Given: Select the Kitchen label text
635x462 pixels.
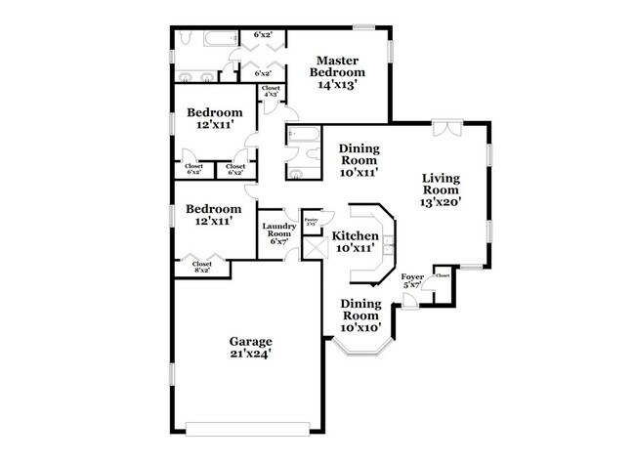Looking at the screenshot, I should tap(356, 236).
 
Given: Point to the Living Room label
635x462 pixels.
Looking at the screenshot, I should tap(441, 189).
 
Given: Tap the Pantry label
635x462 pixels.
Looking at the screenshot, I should tap(312, 222).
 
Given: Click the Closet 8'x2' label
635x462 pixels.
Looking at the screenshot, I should tap(202, 267).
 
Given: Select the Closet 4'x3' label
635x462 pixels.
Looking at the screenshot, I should tap(271, 92).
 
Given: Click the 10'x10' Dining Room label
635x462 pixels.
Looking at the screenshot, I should tap(360, 315).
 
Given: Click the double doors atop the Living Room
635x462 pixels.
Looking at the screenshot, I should tap(445, 129).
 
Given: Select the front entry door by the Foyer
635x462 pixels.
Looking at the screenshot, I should tap(411, 300).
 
